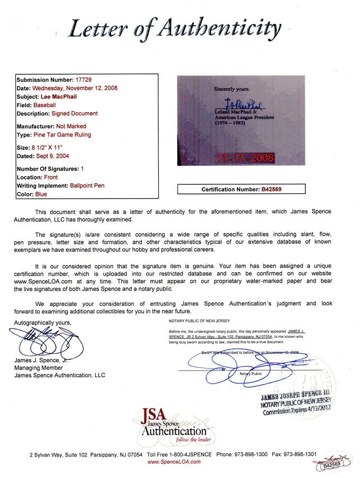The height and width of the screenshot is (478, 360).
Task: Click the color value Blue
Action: (43, 194)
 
